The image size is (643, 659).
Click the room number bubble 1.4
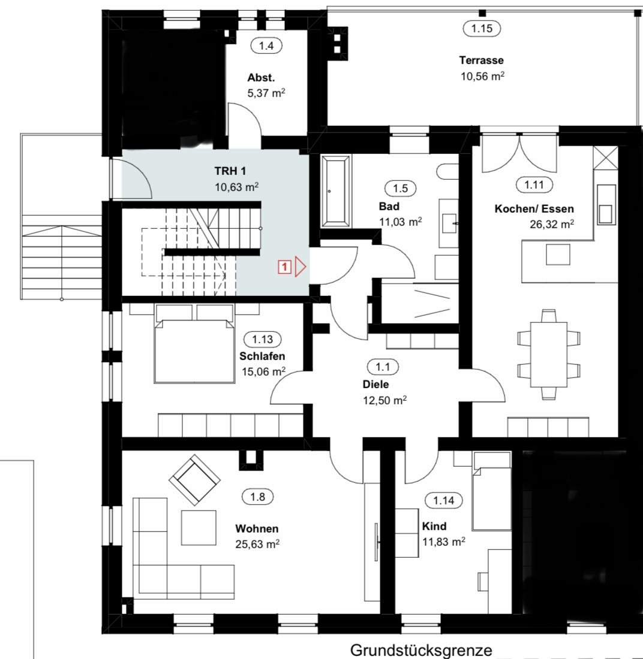click(x=266, y=46)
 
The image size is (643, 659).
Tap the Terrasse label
click(x=482, y=61)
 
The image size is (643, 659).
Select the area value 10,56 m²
click(x=482, y=77)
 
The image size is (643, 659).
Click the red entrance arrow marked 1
click(x=300, y=267)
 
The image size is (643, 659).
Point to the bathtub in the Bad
click(x=335, y=191)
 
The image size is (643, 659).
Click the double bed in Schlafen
click(x=194, y=344)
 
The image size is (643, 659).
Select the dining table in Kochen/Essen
click(x=549, y=354)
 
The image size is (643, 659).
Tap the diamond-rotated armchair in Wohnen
click(x=194, y=479)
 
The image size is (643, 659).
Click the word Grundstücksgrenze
click(x=421, y=650)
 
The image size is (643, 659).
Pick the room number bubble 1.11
click(x=534, y=185)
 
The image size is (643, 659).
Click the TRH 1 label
click(x=230, y=171)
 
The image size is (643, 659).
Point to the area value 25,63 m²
click(x=257, y=544)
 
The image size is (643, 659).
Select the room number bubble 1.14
click(x=444, y=500)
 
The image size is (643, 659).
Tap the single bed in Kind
click(x=492, y=491)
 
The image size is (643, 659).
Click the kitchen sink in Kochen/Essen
click(x=606, y=204)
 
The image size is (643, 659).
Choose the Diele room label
click(x=376, y=384)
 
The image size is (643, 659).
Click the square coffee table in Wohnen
click(x=199, y=528)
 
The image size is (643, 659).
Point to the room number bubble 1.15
click(x=482, y=28)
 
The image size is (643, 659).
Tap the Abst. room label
click(x=262, y=78)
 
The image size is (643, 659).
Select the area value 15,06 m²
click(x=264, y=371)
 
